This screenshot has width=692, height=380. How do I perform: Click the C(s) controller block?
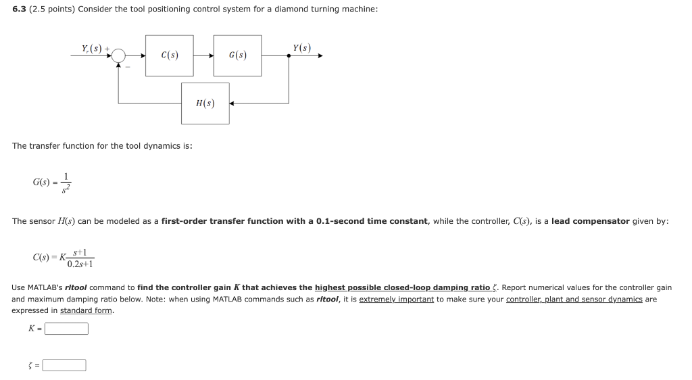tap(170, 55)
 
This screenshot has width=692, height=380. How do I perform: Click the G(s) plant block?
tap(237, 55)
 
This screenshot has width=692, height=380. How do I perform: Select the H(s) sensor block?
tap(205, 103)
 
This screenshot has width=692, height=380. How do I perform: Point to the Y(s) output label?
tap(302, 47)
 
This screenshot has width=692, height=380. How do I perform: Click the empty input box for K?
tap(66, 329)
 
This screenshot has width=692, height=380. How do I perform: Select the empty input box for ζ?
tap(64, 365)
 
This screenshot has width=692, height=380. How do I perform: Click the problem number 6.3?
tap(19, 9)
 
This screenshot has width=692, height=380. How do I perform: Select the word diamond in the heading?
tap(290, 9)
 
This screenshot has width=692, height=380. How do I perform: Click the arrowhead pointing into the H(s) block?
tap(232, 103)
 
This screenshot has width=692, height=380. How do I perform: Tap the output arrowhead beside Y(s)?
tap(320, 56)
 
